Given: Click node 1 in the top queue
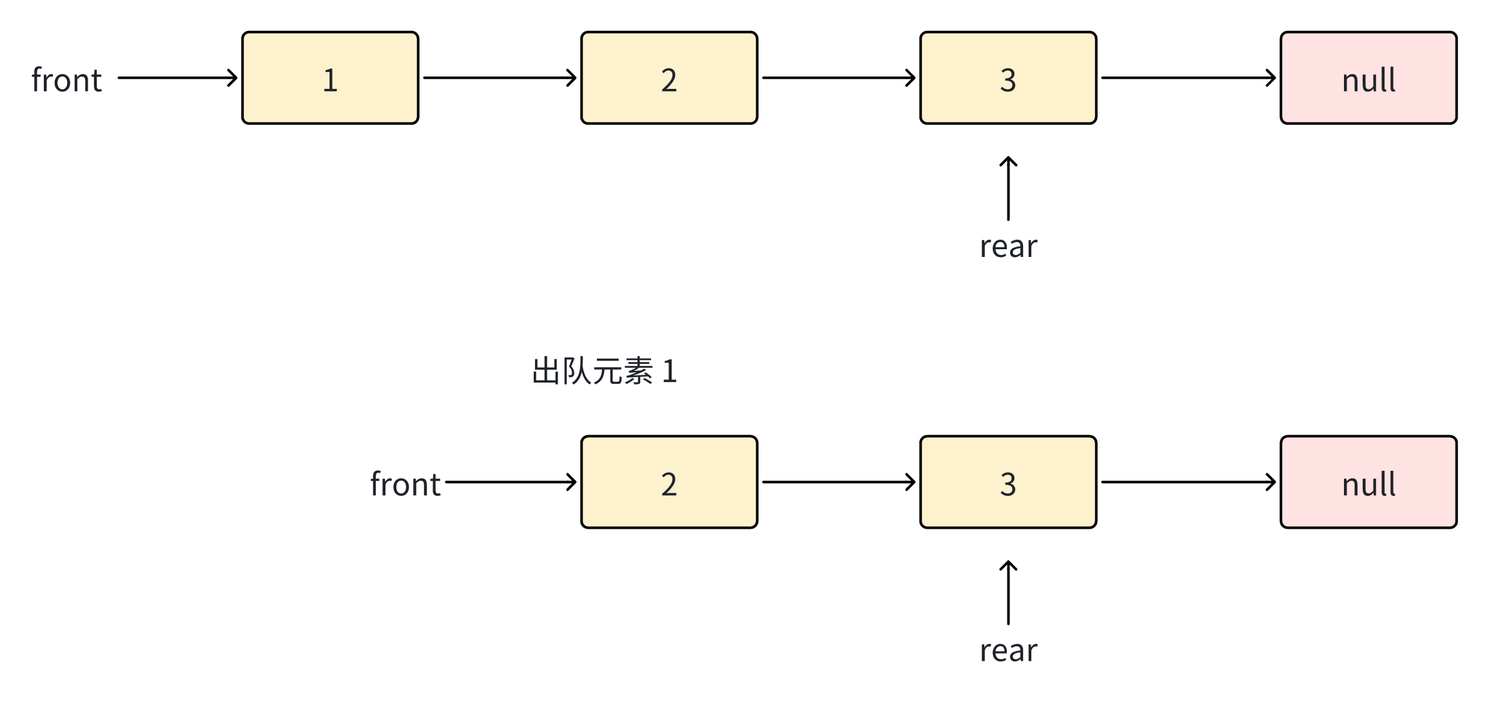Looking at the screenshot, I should (330, 78).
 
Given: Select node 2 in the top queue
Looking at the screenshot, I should (669, 78).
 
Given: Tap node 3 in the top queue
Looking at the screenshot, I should (1008, 78).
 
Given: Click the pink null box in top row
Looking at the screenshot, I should (1368, 78).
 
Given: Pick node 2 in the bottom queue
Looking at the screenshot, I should (669, 482).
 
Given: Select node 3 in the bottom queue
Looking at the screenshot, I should (1008, 482).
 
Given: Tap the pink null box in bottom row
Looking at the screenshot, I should (1368, 482).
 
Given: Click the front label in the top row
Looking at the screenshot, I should (67, 80).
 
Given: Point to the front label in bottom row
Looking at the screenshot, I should (405, 484).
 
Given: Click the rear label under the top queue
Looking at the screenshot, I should (1009, 247).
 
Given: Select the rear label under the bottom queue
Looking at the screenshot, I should (1009, 651).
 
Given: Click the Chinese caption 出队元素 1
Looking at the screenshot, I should (604, 372).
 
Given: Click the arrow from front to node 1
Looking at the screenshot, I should (177, 78).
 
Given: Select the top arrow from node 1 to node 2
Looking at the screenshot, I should (500, 78).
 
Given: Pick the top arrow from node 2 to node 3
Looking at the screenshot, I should (838, 78).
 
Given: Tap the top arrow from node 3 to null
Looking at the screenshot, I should (1188, 78).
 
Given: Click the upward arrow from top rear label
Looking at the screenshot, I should (1009, 189).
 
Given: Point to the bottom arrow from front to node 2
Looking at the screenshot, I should (511, 482).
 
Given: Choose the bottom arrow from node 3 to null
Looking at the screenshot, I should (1188, 482).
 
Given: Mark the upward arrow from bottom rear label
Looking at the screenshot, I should (1009, 593).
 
